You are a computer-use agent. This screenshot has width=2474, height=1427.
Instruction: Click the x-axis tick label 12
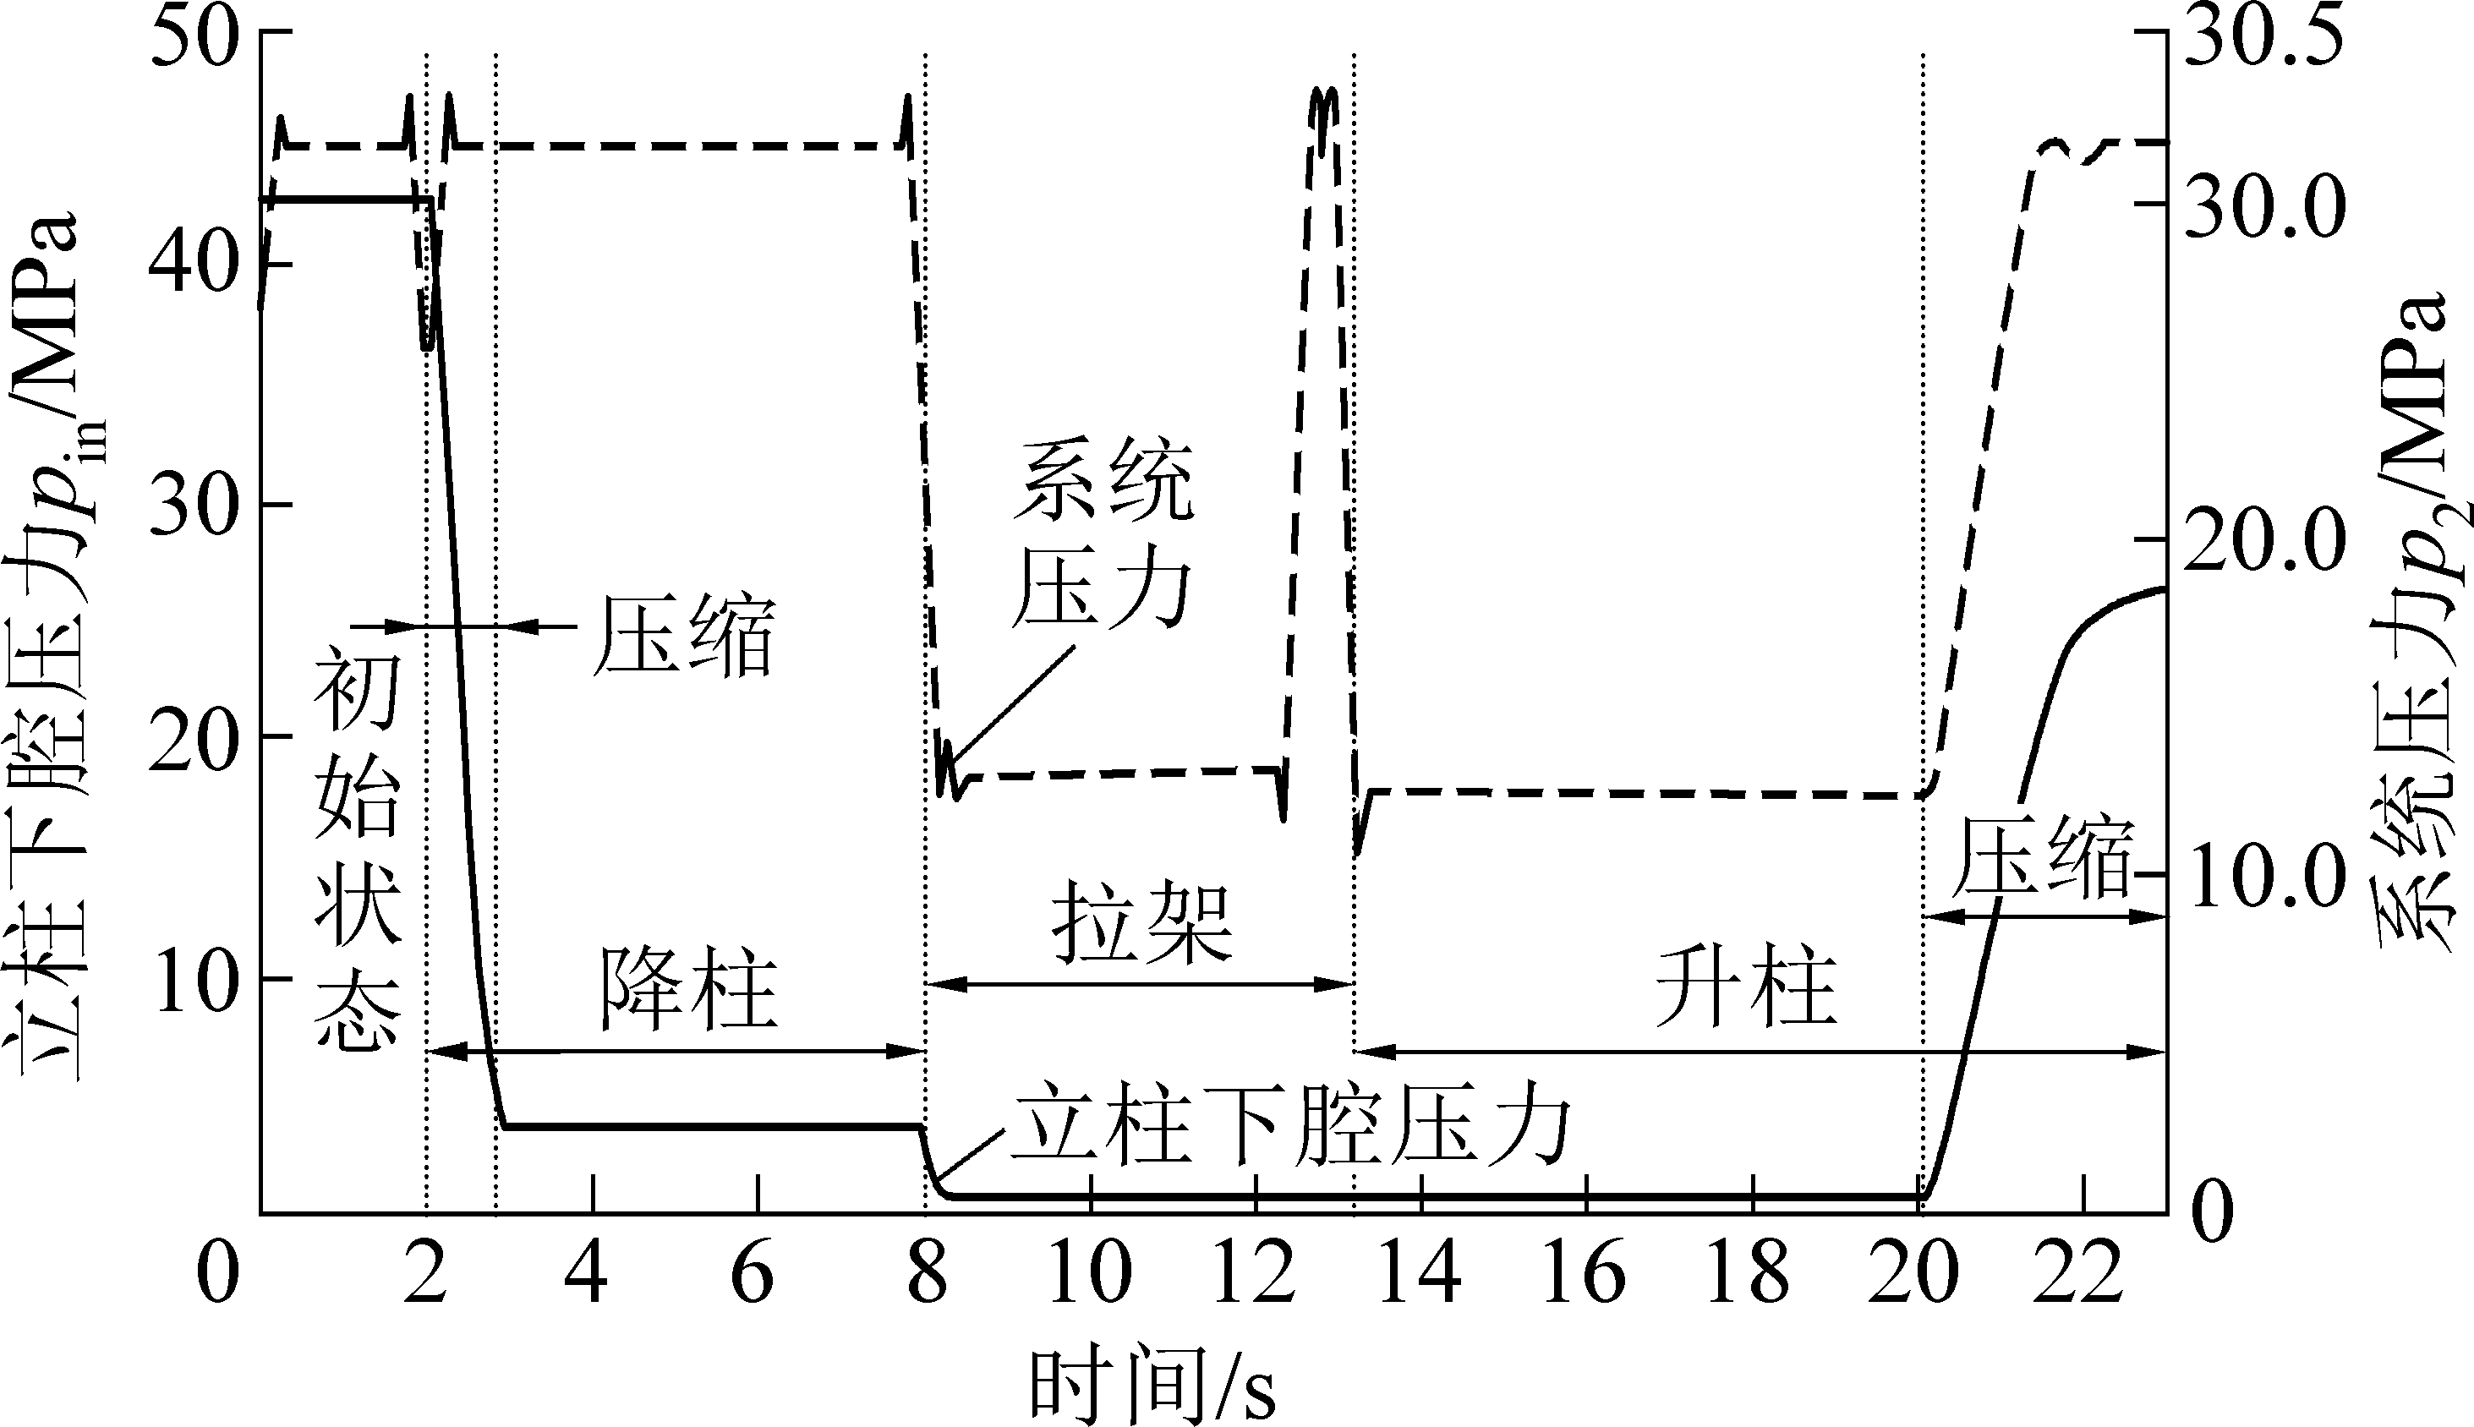[1256, 1274]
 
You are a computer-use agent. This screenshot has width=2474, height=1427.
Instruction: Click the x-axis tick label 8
[927, 1274]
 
